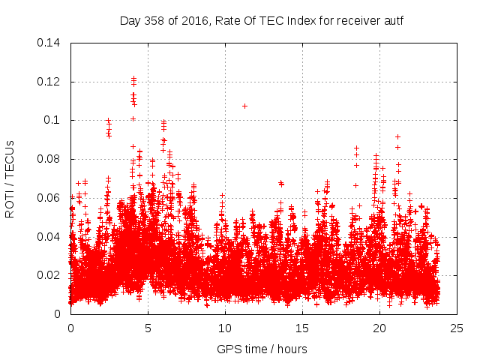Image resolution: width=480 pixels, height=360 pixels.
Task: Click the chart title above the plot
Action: pyautogui.click(x=262, y=20)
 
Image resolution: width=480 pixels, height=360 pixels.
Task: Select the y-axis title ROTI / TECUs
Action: pyautogui.click(x=10, y=178)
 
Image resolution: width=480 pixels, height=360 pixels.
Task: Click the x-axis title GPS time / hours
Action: pyautogui.click(x=262, y=349)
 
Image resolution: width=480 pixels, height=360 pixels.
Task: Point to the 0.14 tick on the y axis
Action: pyautogui.click(x=51, y=43)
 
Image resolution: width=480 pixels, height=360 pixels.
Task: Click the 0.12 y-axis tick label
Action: pyautogui.click(x=51, y=82)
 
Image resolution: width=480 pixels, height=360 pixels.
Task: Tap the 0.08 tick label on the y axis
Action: pyautogui.click(x=51, y=159)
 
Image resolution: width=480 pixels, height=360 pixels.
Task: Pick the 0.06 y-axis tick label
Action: pyautogui.click(x=51, y=198)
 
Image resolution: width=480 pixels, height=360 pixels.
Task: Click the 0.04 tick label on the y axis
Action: pyautogui.click(x=51, y=237)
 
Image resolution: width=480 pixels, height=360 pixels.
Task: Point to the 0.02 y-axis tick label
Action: pyautogui.click(x=51, y=275)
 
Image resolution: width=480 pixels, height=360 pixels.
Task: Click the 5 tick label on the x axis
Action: pyautogui.click(x=148, y=328)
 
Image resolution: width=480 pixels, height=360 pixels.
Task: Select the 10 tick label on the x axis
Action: pyautogui.click(x=225, y=328)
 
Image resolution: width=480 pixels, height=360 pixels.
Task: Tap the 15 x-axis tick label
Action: pyautogui.click(x=302, y=328)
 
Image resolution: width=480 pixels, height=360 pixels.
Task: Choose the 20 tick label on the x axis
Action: pyautogui.click(x=379, y=328)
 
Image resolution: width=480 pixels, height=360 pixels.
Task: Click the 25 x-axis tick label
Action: pyautogui.click(x=457, y=328)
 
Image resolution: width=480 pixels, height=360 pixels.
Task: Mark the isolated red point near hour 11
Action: pyautogui.click(x=244, y=106)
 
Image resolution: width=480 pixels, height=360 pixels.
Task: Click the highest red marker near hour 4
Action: pyautogui.click(x=133, y=78)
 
